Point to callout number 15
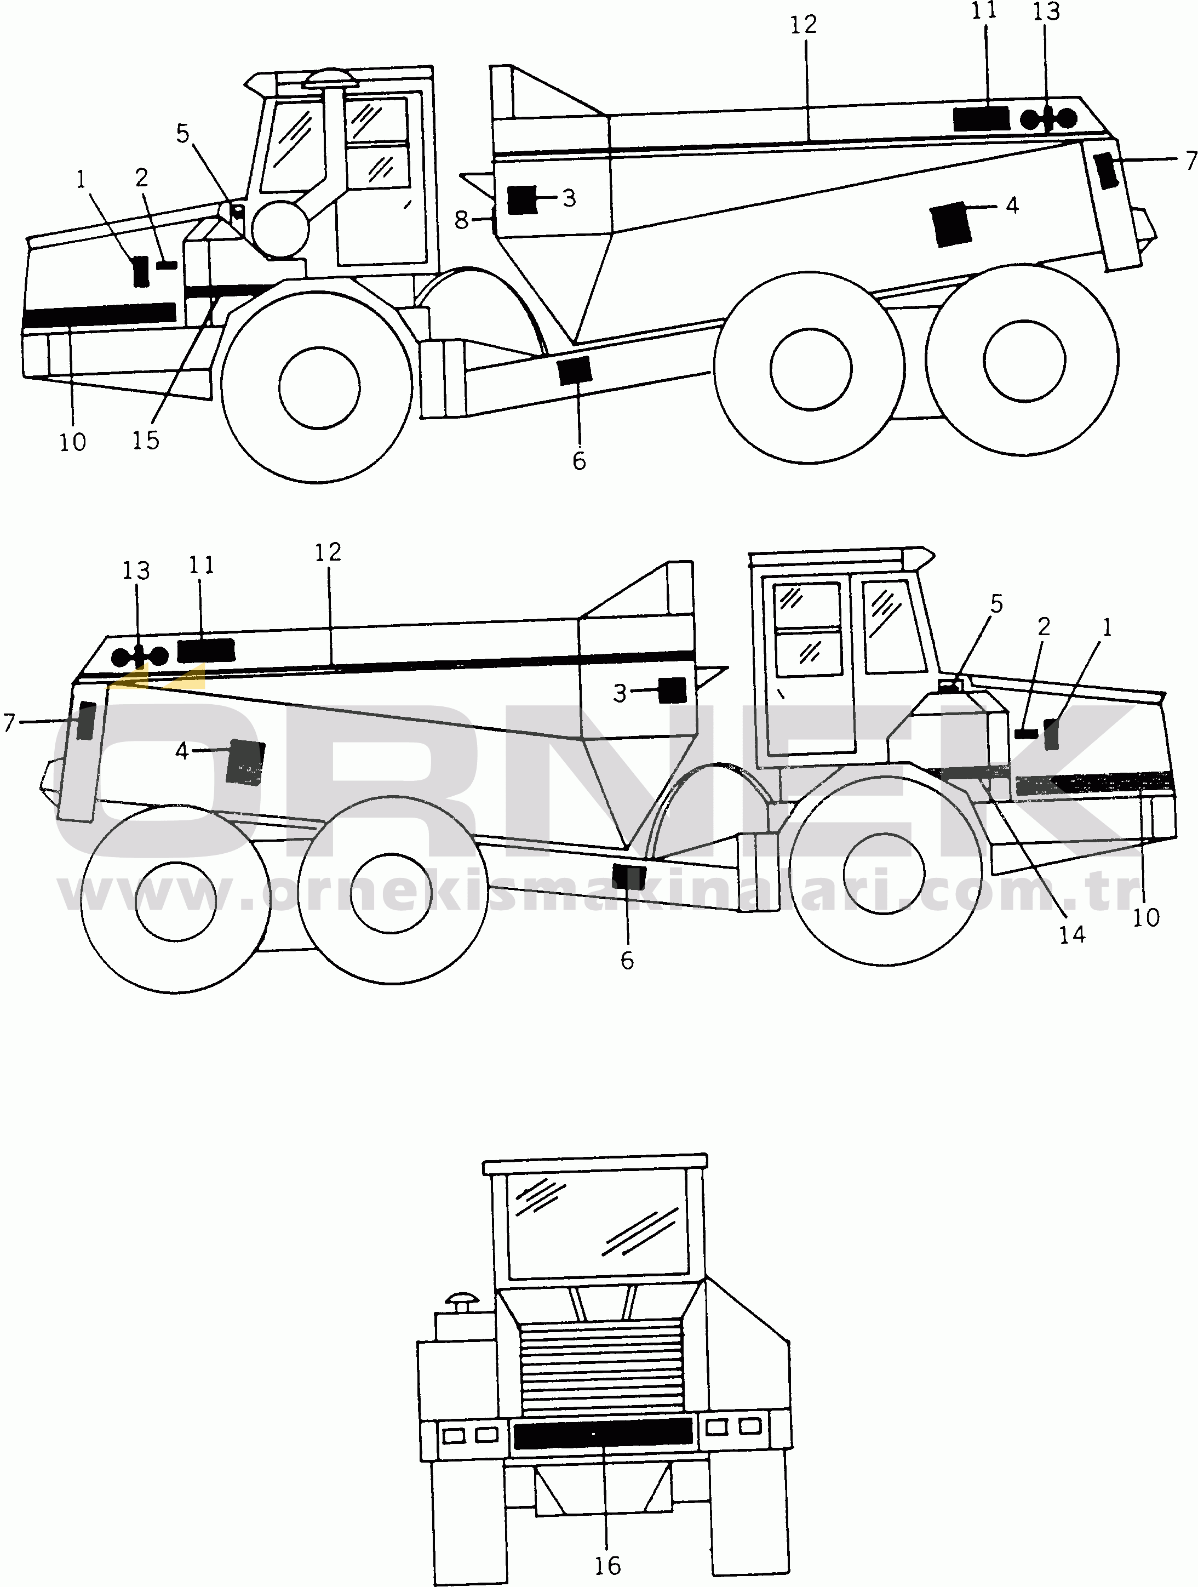[145, 440]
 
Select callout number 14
[1073, 934]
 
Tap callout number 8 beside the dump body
[461, 220]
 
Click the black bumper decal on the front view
[603, 1433]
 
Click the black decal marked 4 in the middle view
[245, 762]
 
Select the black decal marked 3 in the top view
[521, 199]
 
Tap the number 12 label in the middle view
[328, 552]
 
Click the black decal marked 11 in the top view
[982, 118]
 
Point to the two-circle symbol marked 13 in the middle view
[140, 656]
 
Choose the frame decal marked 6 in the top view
[574, 369]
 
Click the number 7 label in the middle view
[9, 722]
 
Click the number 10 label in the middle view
[1145, 917]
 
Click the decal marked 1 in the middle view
[1051, 734]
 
